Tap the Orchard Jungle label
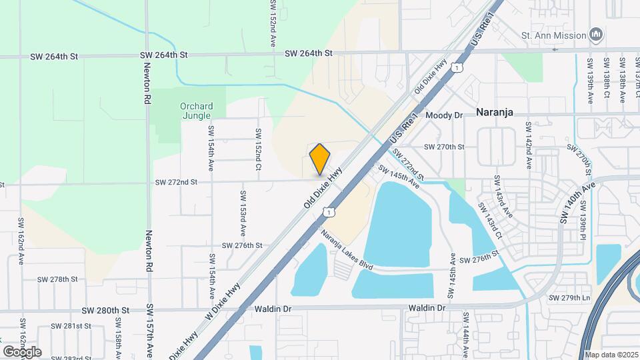pos(197,111)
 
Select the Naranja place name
pos(494,113)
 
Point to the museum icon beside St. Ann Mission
pos(597,35)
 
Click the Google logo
pos(22,351)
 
